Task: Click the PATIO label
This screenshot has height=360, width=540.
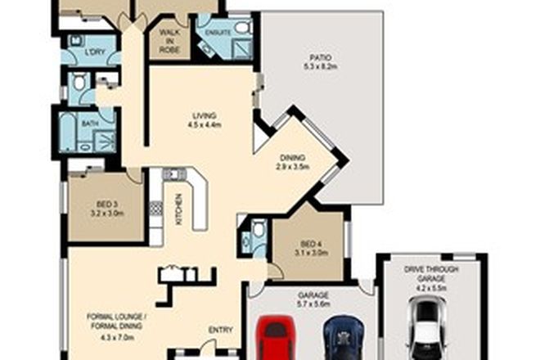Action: click(320, 56)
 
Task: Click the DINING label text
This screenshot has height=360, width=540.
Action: click(291, 157)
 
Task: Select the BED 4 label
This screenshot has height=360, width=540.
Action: click(312, 245)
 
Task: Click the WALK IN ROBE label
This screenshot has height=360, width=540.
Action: click(169, 41)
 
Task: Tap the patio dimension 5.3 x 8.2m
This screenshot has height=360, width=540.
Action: click(320, 66)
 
